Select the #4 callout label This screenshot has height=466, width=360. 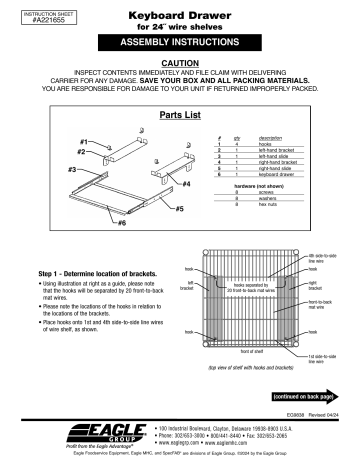point(159,185)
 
